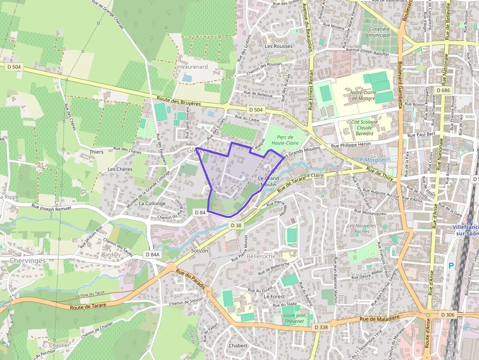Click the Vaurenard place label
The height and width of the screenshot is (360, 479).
click(x=195, y=66)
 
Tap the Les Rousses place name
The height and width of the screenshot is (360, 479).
click(x=279, y=46)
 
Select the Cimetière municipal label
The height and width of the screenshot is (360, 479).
click(x=379, y=32)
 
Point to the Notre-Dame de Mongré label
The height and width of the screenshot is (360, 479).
click(x=363, y=95)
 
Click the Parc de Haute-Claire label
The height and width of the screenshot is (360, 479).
click(x=285, y=140)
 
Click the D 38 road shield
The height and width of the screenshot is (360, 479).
click(x=236, y=225)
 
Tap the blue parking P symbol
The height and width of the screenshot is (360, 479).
click(x=451, y=265)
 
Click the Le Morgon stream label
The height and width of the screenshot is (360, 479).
click(x=370, y=160)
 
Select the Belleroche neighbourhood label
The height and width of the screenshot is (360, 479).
click(x=261, y=256)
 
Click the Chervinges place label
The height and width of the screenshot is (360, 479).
click(x=27, y=261)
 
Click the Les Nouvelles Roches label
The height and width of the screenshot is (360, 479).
click(x=358, y=229)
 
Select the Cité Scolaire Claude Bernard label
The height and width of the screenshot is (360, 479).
click(x=362, y=127)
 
